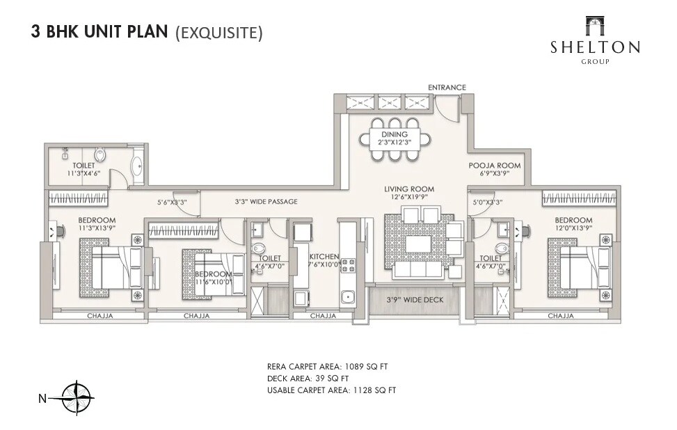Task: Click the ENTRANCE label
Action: pos(447,87)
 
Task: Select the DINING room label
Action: pos(394,138)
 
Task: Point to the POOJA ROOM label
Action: pos(494,169)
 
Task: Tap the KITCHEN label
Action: pos(324,260)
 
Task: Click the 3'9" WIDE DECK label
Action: pos(414,300)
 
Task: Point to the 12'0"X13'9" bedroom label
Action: pos(573,225)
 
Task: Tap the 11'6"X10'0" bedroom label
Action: pos(213,278)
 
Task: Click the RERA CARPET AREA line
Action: pos(332,366)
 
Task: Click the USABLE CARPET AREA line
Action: pos(331,390)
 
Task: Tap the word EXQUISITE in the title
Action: pos(218,33)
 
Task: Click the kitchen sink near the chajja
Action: pos(348,298)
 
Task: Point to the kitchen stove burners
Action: pos(347,266)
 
